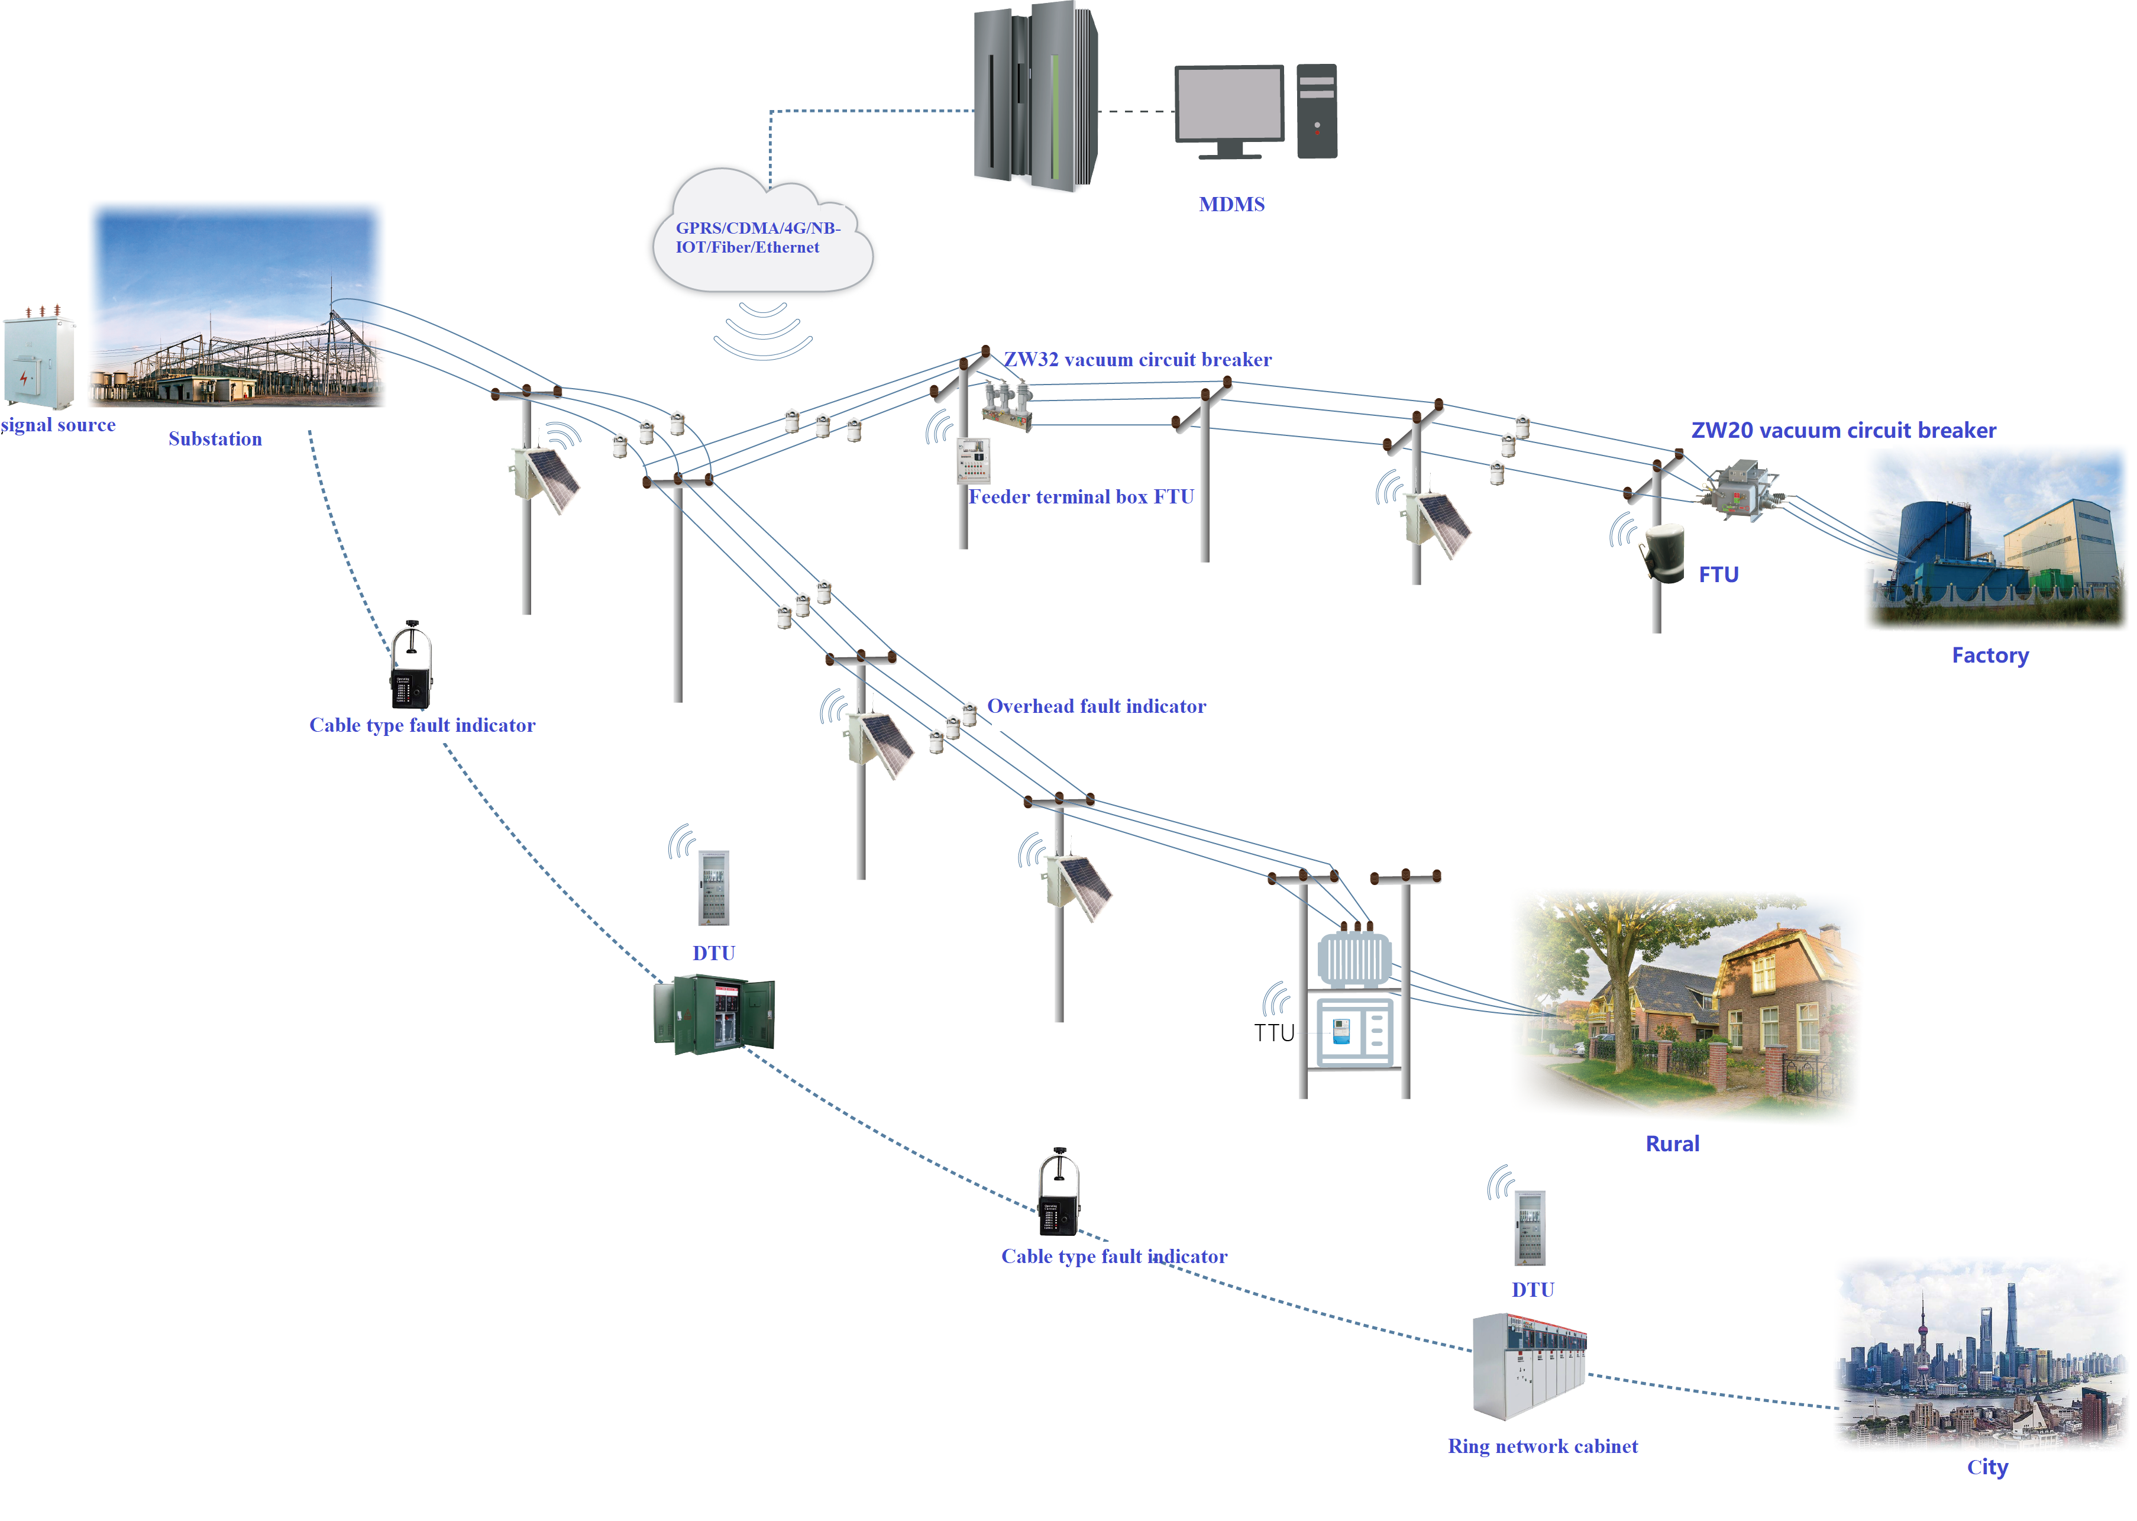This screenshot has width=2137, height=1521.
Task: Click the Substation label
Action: coord(215,439)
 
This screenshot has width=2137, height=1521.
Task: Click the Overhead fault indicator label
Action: coord(1095,707)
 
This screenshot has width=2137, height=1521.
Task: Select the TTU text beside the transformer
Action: coord(1273,1033)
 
